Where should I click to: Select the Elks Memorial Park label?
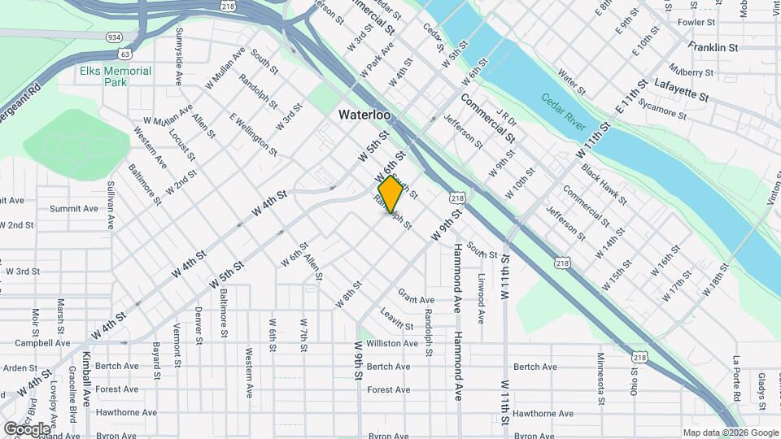pos(116,76)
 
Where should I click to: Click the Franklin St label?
pos(712,47)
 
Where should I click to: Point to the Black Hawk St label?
pos(604,184)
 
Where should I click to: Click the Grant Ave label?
pos(416,296)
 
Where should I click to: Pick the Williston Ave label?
pos(392,344)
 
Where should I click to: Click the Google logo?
pos(27,428)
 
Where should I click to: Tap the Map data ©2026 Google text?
pos(730,433)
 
